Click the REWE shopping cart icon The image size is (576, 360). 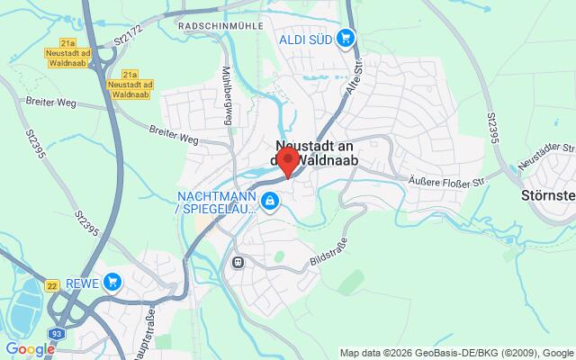[x=112, y=282]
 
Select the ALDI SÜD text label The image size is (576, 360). [x=305, y=38]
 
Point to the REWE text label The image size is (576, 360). [x=82, y=282]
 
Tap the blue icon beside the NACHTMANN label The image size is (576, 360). [x=268, y=200]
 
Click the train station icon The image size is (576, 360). [x=238, y=263]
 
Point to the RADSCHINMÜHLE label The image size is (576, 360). [x=220, y=26]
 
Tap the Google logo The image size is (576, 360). [x=29, y=349]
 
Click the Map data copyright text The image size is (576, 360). [x=456, y=351]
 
